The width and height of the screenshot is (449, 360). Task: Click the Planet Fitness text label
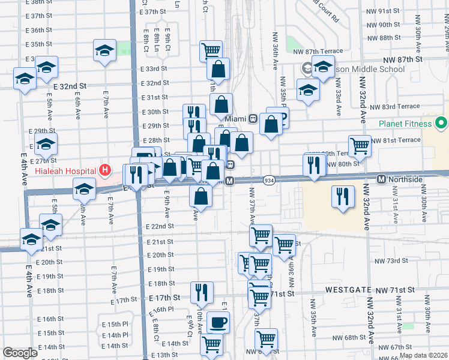click(x=406, y=125)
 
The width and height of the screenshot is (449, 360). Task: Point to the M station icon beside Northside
click(x=381, y=179)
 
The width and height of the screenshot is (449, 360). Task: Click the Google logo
click(x=20, y=353)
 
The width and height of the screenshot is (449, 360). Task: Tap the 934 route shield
click(x=268, y=180)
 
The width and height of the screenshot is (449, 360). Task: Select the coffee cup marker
click(x=218, y=323)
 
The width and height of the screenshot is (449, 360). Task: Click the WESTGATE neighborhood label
click(x=346, y=289)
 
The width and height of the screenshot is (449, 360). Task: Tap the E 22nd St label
click(x=160, y=227)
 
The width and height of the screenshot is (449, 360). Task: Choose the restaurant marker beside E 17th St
click(x=202, y=292)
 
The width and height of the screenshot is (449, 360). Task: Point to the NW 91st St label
click(x=389, y=11)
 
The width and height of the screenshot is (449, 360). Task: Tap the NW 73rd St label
click(x=391, y=261)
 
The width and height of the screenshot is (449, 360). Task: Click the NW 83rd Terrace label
click(x=395, y=106)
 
